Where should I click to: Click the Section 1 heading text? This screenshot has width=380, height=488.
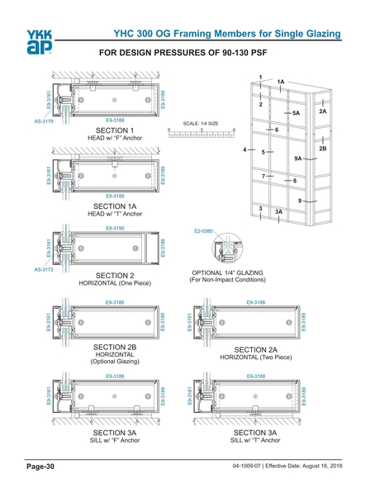(114, 130)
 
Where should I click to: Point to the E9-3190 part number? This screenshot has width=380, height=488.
(115, 225)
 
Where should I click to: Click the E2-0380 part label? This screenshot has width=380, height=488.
(203, 231)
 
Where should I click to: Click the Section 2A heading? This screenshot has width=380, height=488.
(255, 349)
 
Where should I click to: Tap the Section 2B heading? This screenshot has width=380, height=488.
(114, 347)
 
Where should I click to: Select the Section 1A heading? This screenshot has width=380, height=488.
(114, 206)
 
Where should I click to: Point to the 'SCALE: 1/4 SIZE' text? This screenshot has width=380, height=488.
(202, 123)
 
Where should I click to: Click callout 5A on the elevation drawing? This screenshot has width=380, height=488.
(295, 112)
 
